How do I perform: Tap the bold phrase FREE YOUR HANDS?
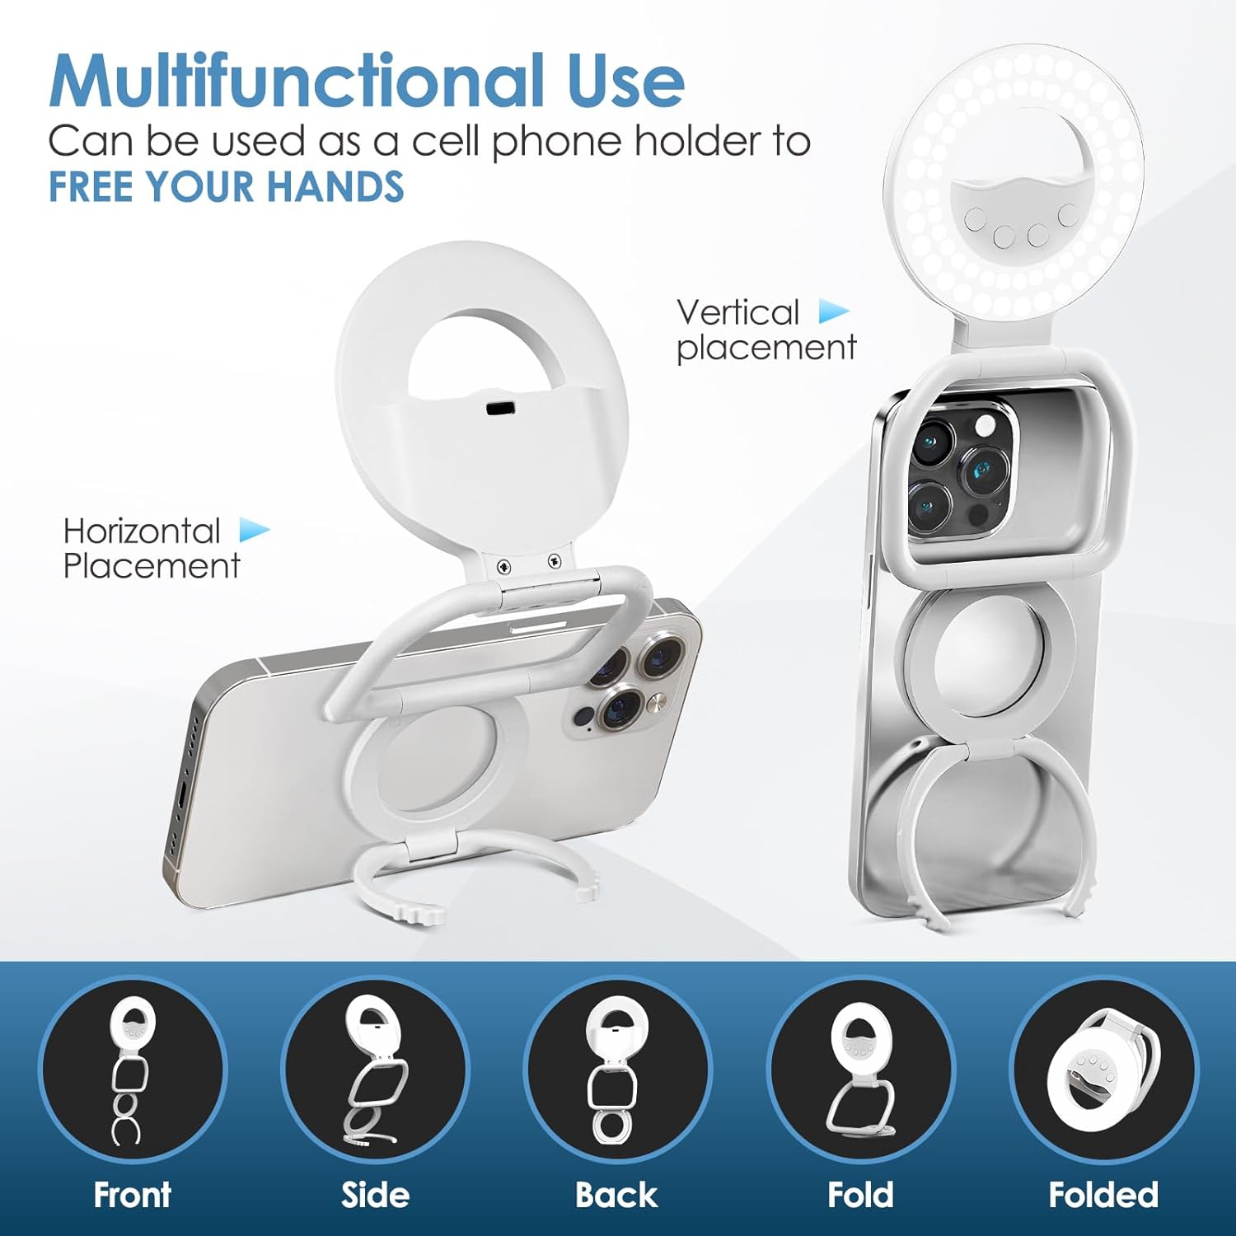[x=227, y=186]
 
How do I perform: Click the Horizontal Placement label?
[x=152, y=548]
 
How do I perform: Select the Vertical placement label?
[x=766, y=330]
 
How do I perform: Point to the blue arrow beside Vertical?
[x=834, y=312]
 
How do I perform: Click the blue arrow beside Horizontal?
[x=255, y=530]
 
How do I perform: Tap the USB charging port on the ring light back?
[x=499, y=409]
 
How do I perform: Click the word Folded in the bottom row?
[x=1103, y=1195]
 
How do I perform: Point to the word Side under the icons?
[x=375, y=1195]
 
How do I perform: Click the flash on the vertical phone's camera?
[x=985, y=426]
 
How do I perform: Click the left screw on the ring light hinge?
[x=504, y=566]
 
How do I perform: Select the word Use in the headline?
[x=626, y=81]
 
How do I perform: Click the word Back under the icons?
[x=616, y=1195]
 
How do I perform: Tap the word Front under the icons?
[x=132, y=1195]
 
